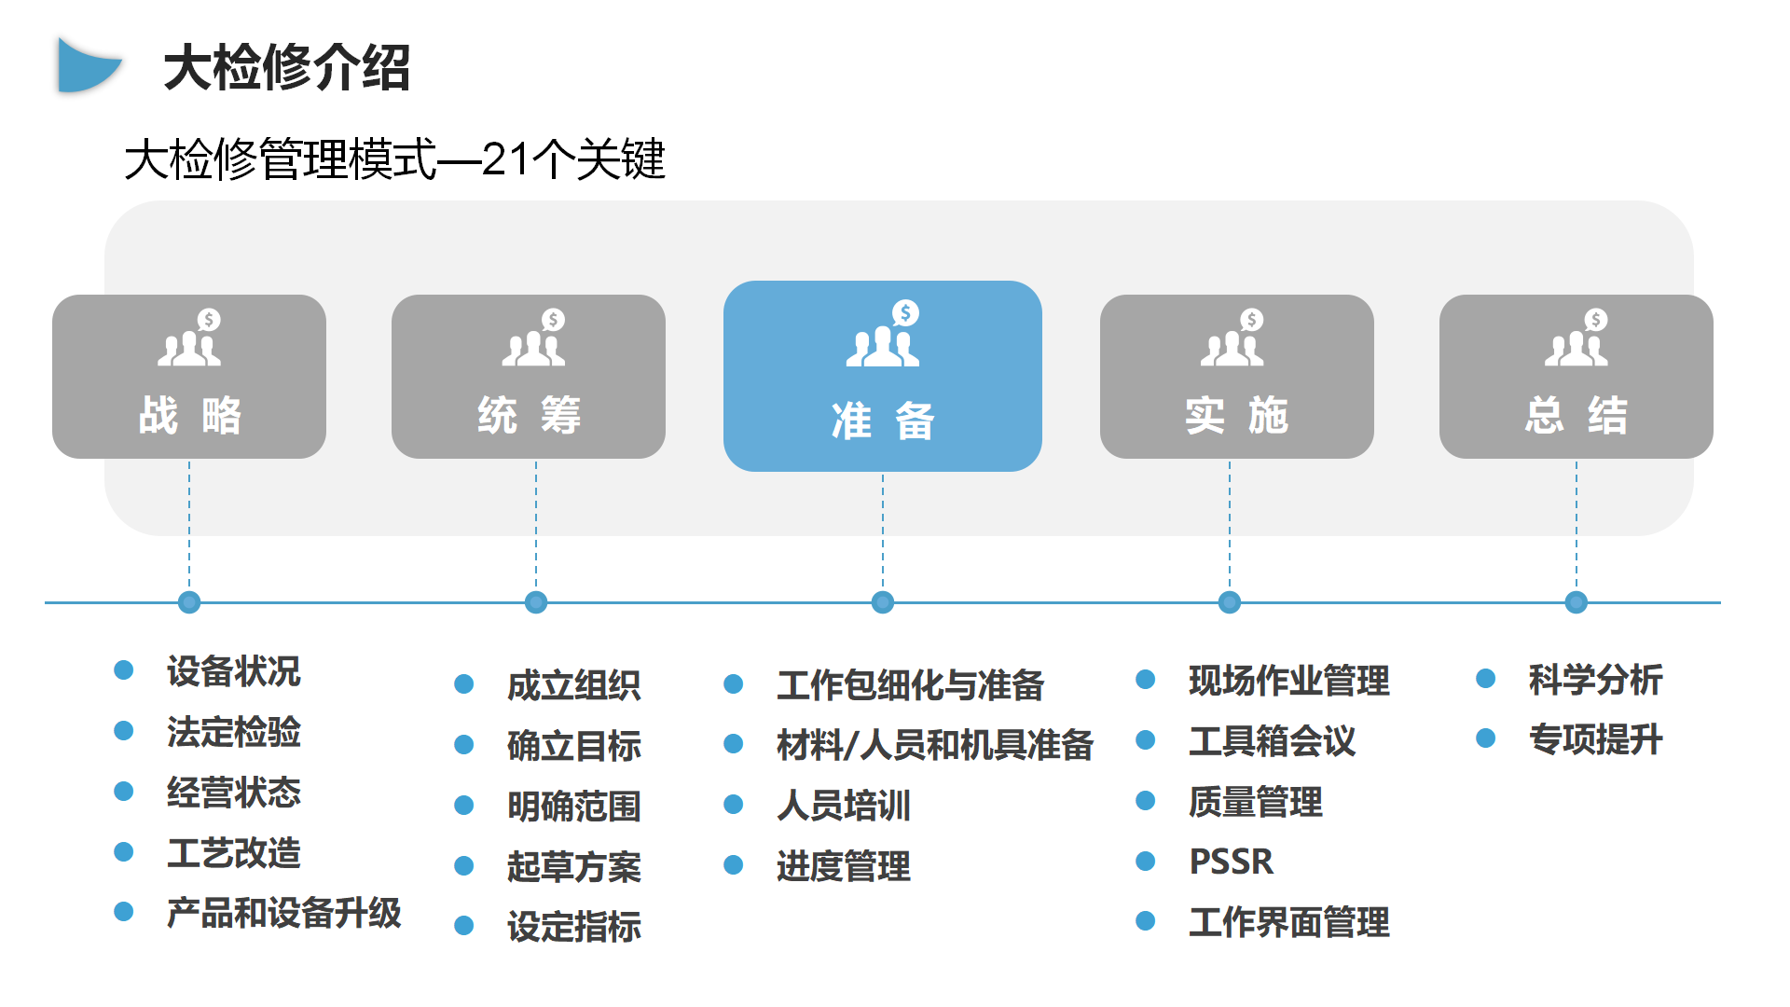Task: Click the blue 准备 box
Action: pos(882,376)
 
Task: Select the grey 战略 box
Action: pos(189,376)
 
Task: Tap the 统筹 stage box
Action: pos(529,376)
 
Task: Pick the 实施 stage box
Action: pos(1236,376)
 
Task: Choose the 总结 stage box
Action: pos(1576,376)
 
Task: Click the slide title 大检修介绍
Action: pos(287,67)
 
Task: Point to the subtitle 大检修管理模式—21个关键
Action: pos(394,159)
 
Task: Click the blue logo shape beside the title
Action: pos(89,65)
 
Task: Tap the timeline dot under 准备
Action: pos(883,602)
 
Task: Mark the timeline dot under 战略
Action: pos(189,602)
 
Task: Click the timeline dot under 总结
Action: pos(1577,602)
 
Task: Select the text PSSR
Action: pos(1231,862)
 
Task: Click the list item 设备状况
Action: pos(233,671)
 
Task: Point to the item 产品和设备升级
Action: pos(283,913)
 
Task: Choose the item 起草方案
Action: pos(574,866)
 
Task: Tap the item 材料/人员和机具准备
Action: pos(935,745)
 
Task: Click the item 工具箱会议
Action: pos(1272,741)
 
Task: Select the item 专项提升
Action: pos(1595,739)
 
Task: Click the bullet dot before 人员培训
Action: pos(734,805)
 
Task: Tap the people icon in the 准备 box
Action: pos(884,334)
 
